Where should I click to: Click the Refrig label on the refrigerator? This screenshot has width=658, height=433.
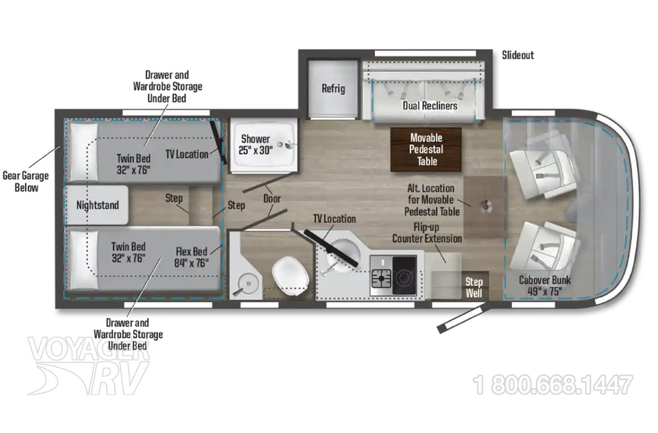[x=334, y=89]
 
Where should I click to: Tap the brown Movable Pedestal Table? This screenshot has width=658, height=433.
[x=426, y=149]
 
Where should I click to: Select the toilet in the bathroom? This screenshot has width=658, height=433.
[x=291, y=276]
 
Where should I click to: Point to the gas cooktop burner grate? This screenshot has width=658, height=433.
[x=381, y=278]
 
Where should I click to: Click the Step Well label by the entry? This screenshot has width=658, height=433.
[x=474, y=287]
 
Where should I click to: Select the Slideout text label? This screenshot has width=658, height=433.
[x=518, y=55]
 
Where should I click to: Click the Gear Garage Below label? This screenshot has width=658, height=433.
[x=26, y=182]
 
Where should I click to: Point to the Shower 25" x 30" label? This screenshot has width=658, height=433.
[x=255, y=144]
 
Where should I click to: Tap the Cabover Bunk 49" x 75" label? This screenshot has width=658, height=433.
[x=545, y=285]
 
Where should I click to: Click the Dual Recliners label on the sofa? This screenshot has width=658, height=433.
[x=430, y=106]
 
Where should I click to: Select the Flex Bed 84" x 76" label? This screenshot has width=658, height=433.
[x=191, y=257]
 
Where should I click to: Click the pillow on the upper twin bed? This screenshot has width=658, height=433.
[x=84, y=152]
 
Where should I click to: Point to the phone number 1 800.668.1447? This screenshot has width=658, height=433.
[x=552, y=385]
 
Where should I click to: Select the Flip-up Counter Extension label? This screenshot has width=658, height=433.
[x=427, y=233]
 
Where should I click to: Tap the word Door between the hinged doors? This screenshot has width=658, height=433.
[x=272, y=199]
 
